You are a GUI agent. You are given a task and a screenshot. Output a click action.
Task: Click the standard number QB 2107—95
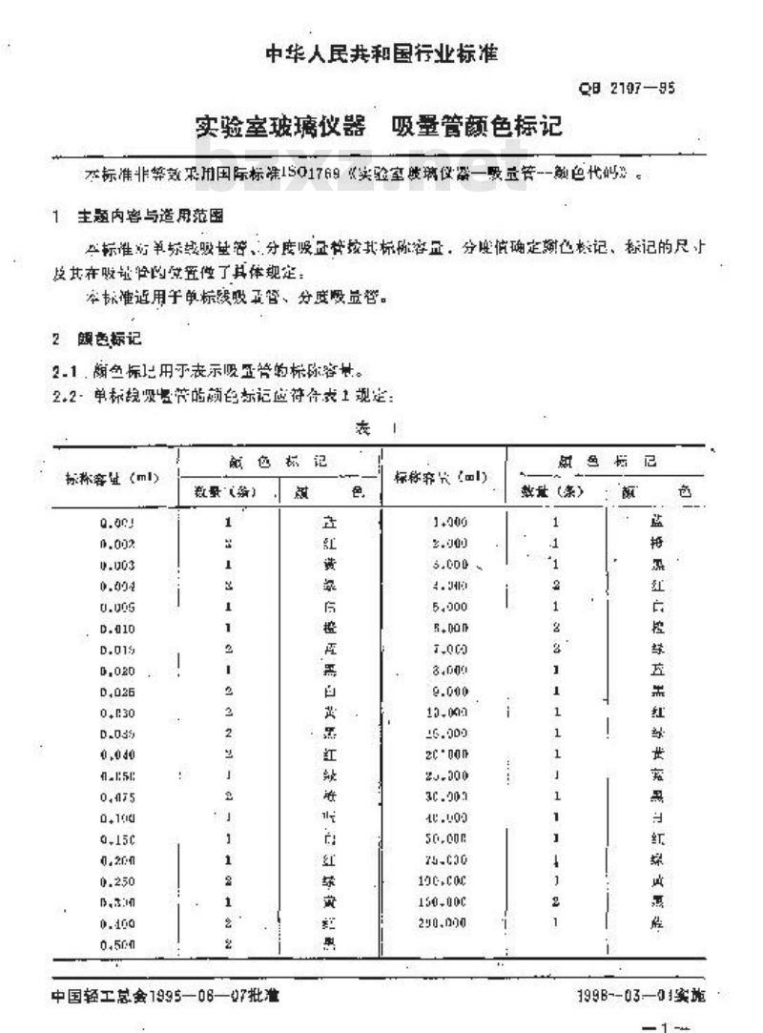point(628,90)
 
